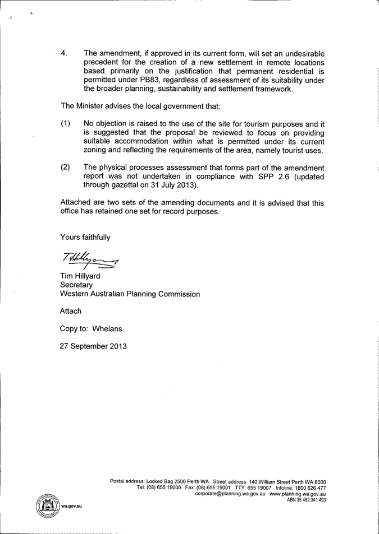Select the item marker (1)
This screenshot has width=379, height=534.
pos(66,123)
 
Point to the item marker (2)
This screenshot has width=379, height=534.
pos(66,167)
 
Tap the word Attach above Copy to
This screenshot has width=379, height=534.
pos(71,310)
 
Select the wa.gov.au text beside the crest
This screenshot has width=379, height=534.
pos(72,505)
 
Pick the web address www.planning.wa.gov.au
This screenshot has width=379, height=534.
pos(298,494)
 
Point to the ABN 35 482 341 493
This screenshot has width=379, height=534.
pos(307,500)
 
